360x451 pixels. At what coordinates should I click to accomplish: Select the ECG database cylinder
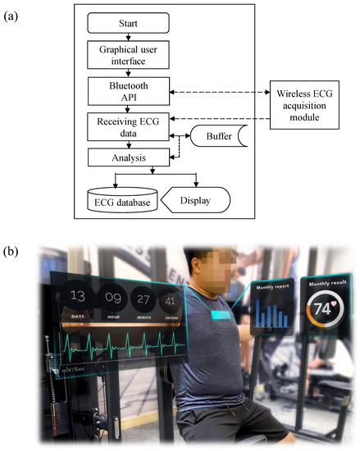(x=125, y=198)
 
